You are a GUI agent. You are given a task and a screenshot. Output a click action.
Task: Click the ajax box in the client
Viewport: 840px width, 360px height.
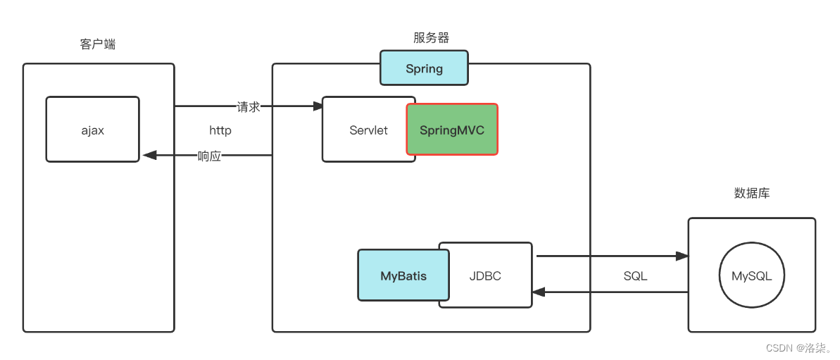92,130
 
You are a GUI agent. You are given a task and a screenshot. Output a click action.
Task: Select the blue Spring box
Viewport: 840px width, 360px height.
424,68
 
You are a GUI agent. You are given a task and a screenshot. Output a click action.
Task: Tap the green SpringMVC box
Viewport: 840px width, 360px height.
452,130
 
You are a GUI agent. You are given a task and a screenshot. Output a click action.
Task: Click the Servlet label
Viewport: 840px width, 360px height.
368,130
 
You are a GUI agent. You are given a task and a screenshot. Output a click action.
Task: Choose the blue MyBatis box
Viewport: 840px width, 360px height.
403,276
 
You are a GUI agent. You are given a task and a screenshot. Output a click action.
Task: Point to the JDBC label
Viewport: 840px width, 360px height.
485,276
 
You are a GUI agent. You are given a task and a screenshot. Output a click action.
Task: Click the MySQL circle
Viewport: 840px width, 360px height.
751,276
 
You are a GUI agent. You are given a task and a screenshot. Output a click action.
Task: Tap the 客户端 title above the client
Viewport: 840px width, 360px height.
98,44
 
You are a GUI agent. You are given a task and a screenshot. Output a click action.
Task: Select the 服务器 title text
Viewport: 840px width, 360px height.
431,38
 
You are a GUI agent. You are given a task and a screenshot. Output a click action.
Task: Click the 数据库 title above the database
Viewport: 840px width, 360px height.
751,193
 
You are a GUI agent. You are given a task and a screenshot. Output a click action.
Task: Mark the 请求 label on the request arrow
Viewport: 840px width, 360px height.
249,107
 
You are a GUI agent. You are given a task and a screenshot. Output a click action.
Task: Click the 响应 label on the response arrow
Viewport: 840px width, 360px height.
209,156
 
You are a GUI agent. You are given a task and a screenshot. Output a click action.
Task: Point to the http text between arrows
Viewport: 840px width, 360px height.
220,130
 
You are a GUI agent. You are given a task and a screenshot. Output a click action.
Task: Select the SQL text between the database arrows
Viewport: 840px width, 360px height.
635,276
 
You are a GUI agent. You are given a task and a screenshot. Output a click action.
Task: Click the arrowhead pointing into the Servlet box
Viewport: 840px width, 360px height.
318,106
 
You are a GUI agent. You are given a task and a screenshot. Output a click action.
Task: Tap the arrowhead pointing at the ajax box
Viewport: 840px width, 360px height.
148,156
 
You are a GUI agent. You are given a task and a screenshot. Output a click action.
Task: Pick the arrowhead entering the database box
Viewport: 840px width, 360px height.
682,256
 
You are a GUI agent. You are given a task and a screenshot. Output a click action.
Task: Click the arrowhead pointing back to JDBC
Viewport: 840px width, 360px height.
539,291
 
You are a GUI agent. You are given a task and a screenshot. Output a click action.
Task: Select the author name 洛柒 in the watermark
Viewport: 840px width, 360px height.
817,348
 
